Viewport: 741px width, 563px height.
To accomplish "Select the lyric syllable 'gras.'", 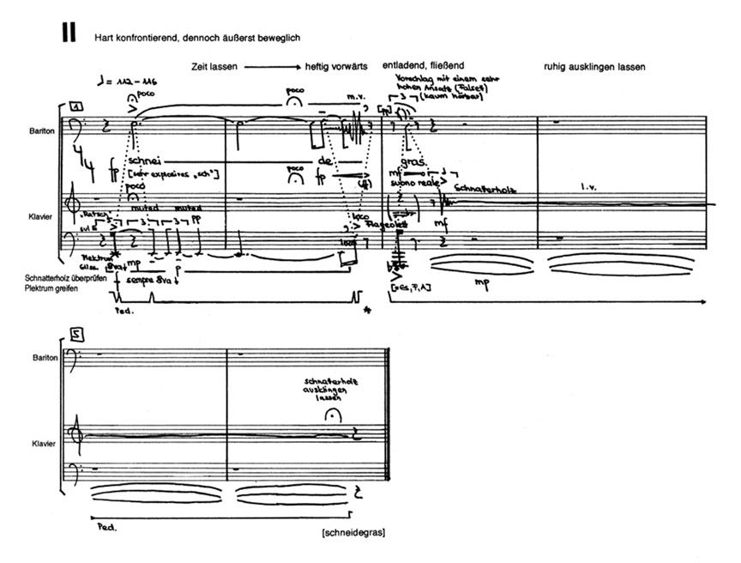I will point(413,160).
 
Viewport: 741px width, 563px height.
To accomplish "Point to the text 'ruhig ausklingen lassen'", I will point(594,66).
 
